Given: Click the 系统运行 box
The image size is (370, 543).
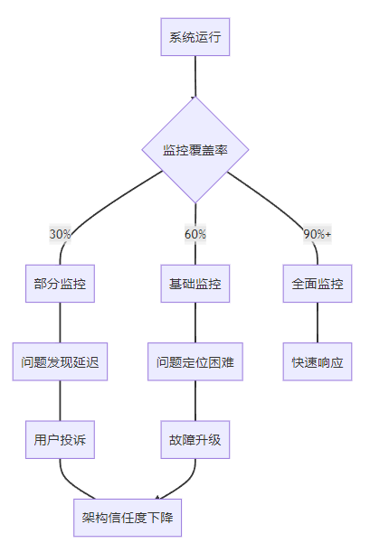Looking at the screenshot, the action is tap(194, 37).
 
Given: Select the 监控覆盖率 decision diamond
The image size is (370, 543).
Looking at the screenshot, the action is tap(195, 150).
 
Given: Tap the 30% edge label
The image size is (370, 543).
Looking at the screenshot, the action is tap(60, 234).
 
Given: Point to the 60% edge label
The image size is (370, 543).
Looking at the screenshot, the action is tap(195, 234).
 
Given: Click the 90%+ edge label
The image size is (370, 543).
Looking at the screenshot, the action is tap(318, 234).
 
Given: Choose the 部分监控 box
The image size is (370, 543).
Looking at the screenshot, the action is tap(60, 284).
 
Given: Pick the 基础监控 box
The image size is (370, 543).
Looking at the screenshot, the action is tap(194, 284).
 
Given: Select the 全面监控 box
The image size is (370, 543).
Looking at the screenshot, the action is tap(318, 284).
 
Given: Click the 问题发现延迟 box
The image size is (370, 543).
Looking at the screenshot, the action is tap(60, 361).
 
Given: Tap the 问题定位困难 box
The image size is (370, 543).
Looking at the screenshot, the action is tap(195, 361).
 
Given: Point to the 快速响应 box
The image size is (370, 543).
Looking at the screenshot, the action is tap(318, 361).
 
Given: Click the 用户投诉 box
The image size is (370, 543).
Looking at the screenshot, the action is tap(60, 440).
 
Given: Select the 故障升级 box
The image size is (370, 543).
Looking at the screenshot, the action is tap(194, 440).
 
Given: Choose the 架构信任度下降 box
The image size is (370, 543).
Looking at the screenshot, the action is tap(128, 518).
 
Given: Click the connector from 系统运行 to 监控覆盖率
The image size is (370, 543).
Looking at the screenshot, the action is tap(195, 76).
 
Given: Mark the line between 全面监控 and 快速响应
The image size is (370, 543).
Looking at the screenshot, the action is tap(318, 323).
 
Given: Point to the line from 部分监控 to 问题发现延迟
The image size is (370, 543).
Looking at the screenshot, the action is tap(60, 323).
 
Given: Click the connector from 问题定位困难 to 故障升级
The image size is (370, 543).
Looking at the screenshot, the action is tap(195, 400).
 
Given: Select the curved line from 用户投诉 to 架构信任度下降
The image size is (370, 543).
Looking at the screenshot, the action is tap(69, 483).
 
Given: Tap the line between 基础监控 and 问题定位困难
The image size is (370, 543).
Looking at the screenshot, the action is tap(195, 323).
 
